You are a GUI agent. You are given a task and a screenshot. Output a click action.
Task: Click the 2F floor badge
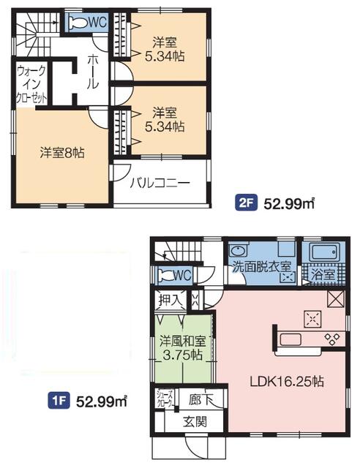[246, 203]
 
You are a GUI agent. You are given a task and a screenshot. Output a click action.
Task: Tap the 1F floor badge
[59, 401]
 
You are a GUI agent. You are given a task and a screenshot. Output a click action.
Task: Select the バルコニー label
[160, 183]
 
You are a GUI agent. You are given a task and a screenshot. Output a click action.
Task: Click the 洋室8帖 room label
[62, 153]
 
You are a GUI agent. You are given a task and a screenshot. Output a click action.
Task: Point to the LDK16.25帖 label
[287, 381]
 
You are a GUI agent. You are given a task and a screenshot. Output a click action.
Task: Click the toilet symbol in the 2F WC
[76, 22]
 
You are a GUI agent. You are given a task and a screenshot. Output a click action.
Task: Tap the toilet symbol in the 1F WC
[165, 275]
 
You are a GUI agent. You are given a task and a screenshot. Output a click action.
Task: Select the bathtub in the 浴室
[325, 252]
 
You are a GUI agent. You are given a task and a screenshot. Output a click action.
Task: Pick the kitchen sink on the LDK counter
[291, 339]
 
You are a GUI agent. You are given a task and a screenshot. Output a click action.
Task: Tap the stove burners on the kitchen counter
[332, 339]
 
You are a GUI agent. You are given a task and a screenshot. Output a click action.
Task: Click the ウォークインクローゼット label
[31, 84]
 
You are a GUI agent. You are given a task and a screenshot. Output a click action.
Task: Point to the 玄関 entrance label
[195, 422]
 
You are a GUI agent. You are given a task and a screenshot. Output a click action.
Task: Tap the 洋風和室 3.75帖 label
[182, 347]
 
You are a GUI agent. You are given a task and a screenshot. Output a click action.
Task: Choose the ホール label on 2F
[93, 72]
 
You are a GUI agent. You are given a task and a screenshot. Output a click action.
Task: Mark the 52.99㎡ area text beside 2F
[288, 203]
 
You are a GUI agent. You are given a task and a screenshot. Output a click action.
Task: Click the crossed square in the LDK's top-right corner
[336, 299]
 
